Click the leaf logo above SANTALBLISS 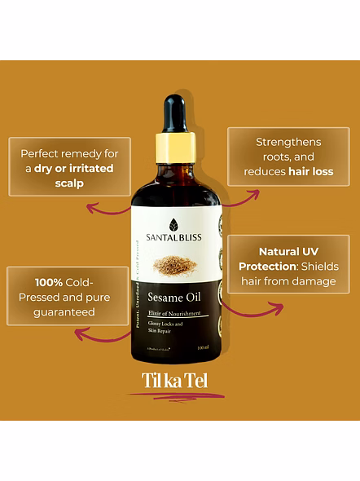[173, 224]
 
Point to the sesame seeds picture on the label [173, 265]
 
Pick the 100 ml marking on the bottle [204, 349]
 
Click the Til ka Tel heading [173, 382]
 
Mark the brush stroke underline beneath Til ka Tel [175, 396]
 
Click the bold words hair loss [310, 172]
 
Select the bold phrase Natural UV [289, 251]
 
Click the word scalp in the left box [69, 183]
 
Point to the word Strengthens [288, 142]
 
